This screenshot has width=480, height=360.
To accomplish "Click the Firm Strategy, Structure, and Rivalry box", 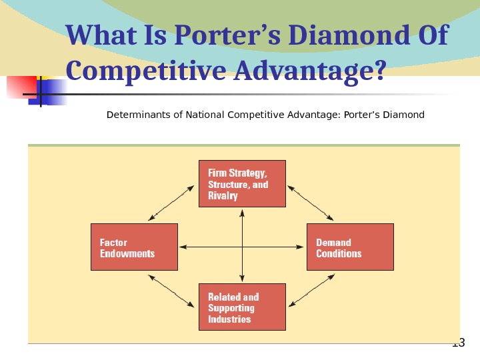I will [242, 183].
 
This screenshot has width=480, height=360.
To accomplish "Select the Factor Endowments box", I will [134, 247].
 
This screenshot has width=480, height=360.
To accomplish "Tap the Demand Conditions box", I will [350, 247].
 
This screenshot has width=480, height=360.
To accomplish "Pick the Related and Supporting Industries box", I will [242, 307].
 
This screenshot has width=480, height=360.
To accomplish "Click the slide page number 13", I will [458, 344].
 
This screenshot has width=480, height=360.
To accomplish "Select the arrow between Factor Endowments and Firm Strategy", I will [173, 203].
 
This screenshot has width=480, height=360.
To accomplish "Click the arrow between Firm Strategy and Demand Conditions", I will [310, 203].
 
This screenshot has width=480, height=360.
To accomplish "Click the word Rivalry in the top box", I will [223, 196].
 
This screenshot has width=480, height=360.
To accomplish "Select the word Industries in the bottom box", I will [229, 319].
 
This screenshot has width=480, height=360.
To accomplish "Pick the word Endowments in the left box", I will [127, 254].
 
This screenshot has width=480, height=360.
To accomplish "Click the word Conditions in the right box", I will [339, 254].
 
